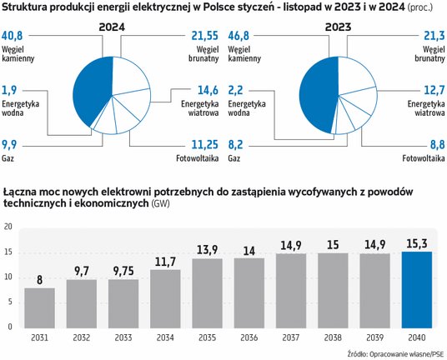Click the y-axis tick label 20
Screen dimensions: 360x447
[x=8, y=227]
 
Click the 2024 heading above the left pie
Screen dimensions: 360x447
[x=112, y=26]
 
